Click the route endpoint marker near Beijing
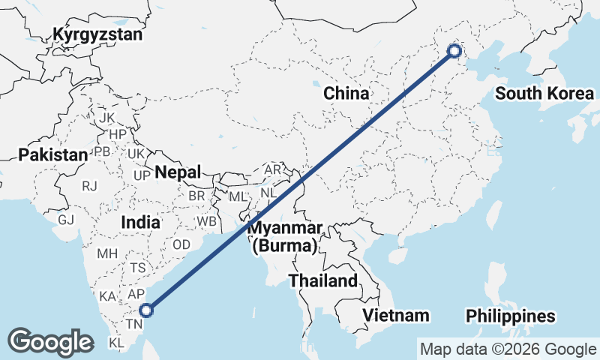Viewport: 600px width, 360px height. (x=454, y=51)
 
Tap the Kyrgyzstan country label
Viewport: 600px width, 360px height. (x=97, y=34)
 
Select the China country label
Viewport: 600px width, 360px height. (x=346, y=94)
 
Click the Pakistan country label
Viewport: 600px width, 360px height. (x=53, y=154)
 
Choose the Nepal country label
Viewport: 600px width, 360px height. (x=178, y=172)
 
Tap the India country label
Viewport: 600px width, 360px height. (x=140, y=222)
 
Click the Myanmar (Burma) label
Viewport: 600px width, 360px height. (x=286, y=236)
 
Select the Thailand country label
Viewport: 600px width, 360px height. (x=325, y=281)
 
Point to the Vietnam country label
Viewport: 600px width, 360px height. (x=395, y=315)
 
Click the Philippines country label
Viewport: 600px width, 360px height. (x=510, y=316)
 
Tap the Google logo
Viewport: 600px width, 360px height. (x=51, y=342)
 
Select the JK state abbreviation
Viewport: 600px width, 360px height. (x=106, y=118)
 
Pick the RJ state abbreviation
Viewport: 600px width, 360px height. (x=90, y=185)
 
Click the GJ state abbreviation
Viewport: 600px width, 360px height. (x=66, y=220)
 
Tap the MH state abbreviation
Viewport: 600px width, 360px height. (x=107, y=253)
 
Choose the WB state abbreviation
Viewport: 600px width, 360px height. (x=206, y=222)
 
